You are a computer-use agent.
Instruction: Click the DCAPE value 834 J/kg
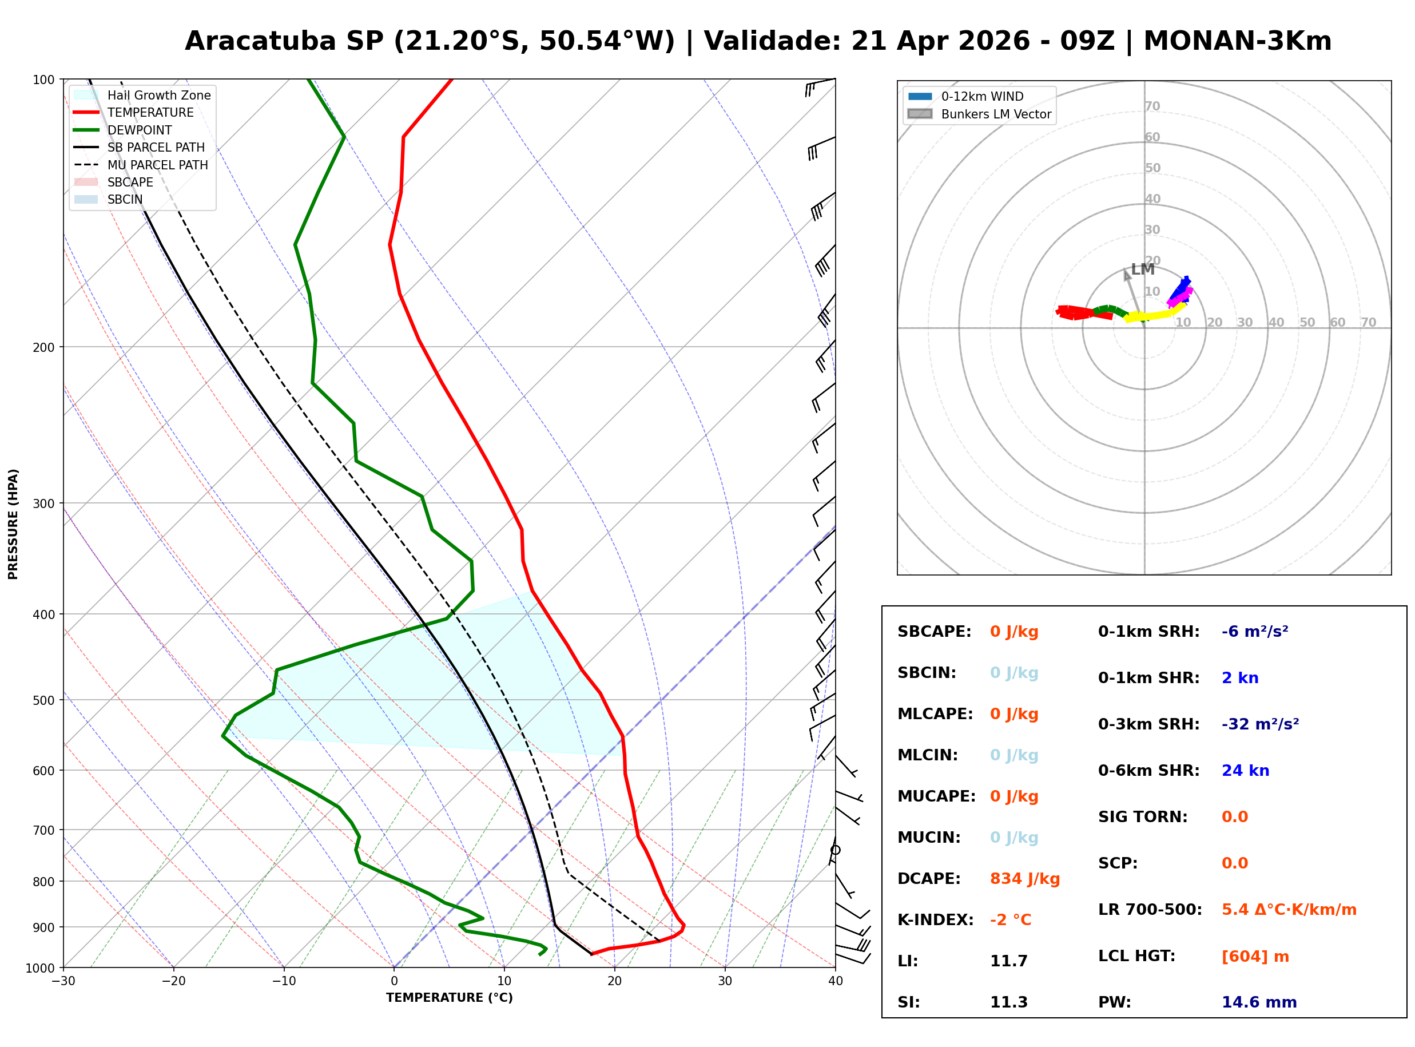coord(1024,879)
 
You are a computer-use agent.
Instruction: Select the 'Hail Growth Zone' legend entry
coord(158,95)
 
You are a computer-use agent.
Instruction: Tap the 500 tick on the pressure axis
coord(43,700)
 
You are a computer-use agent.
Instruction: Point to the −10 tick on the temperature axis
coord(284,981)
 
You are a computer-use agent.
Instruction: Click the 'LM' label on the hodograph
coord(1143,269)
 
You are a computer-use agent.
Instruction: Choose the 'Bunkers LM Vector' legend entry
coord(996,114)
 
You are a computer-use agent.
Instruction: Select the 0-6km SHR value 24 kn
coord(1245,771)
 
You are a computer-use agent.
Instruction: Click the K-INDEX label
coord(935,920)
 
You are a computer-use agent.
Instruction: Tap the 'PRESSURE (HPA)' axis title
coord(13,524)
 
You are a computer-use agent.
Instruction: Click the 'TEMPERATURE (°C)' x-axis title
coord(449,998)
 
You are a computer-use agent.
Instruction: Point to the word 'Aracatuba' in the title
coord(260,41)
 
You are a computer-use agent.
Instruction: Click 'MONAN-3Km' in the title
coord(1237,41)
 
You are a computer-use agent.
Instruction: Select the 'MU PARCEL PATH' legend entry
coord(157,165)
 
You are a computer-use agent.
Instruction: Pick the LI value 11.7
coord(1008,961)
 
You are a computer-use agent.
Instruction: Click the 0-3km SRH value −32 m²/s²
coord(1260,724)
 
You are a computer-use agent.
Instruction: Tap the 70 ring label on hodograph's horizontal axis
coord(1368,322)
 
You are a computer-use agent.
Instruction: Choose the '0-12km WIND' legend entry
coord(982,96)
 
